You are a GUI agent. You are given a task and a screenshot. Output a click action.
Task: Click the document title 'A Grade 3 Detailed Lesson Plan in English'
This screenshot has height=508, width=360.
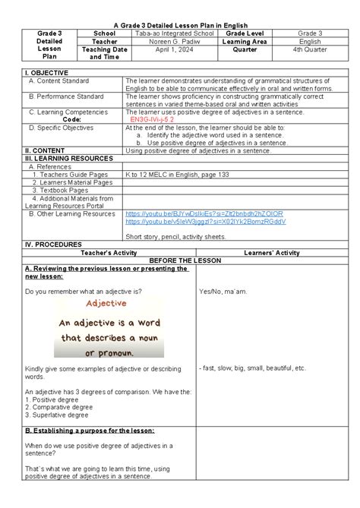click(x=179, y=25)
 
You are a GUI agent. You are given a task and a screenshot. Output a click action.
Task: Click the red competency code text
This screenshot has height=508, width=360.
click(x=152, y=119)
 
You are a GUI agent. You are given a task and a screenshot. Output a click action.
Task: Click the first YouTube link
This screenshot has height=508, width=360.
click(x=204, y=214)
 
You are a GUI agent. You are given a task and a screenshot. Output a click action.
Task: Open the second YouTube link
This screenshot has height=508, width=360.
click(x=205, y=222)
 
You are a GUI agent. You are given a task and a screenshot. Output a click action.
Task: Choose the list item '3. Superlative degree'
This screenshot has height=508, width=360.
click(x=57, y=415)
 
